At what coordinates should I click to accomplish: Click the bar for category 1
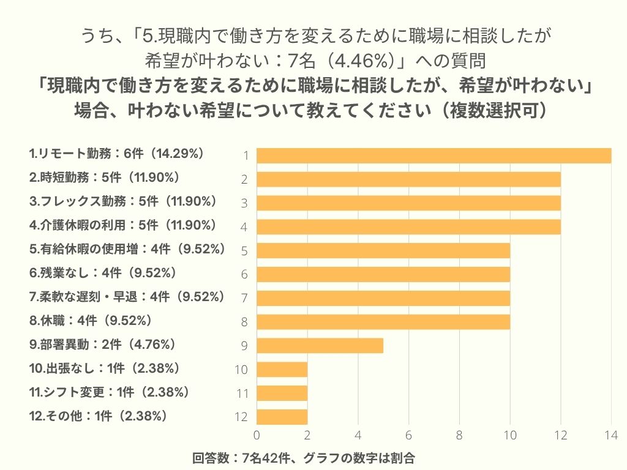434,156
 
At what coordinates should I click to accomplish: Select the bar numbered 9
320,345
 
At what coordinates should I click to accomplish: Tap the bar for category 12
282,417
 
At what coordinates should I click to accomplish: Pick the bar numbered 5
383,250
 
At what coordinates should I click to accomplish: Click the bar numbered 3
408,203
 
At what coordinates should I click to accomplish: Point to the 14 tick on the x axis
610,436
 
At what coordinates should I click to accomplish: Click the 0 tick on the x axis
257,436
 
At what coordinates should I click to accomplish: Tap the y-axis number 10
241,370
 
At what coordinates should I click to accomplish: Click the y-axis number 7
244,298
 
